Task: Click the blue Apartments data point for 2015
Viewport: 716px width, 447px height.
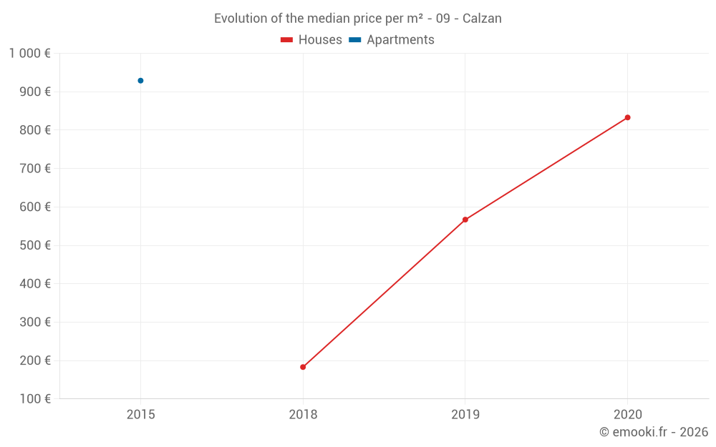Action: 140,81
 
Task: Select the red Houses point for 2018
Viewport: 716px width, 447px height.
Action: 303,367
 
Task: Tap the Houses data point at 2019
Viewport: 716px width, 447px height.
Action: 465,220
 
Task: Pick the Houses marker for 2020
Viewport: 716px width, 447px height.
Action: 627,117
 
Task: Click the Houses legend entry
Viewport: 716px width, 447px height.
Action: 311,40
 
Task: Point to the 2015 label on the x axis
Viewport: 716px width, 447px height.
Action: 140,414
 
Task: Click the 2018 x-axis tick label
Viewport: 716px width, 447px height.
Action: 303,414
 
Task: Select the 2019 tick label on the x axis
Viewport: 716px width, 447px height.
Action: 465,414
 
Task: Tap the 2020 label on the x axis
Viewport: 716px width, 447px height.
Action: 627,414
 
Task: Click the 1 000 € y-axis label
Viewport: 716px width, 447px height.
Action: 30,54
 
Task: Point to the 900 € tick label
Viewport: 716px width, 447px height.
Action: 35,92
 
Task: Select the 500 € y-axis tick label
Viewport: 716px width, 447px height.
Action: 35,245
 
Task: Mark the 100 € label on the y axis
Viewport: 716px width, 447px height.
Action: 35,399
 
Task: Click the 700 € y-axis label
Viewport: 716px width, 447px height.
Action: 35,169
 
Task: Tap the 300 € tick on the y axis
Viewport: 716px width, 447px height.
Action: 35,323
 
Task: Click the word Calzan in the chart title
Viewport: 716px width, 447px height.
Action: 482,19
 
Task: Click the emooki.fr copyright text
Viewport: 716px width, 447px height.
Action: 654,432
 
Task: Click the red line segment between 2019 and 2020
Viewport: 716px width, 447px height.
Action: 546,169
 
